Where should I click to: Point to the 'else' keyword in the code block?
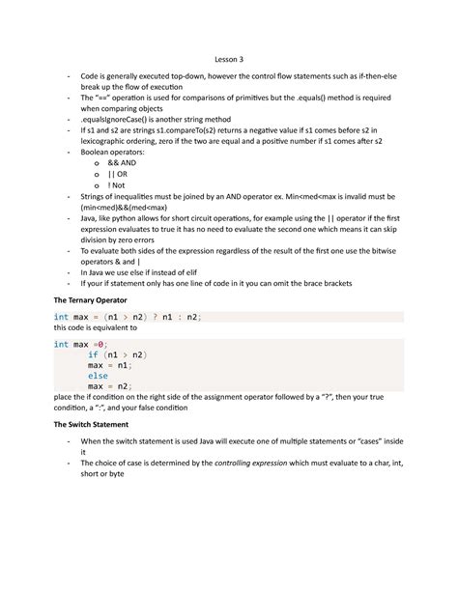tap(98, 377)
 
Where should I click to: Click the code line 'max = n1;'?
tap(109, 365)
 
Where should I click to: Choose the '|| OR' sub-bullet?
tap(131, 176)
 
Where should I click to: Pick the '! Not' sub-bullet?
tap(130, 187)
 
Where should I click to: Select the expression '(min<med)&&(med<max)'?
tap(126, 210)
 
